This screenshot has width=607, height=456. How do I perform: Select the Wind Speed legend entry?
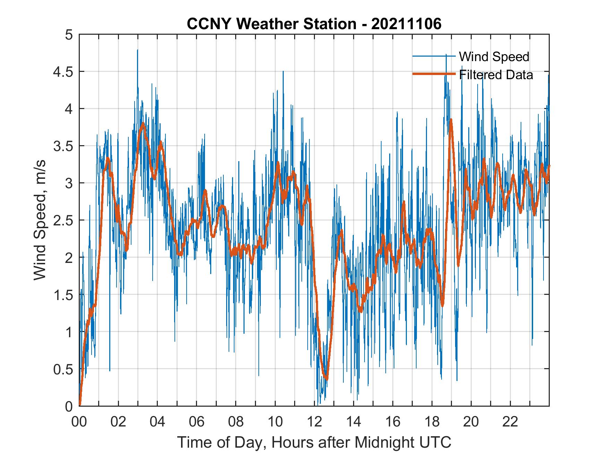(x=494, y=57)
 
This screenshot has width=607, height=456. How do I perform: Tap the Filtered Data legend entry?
(x=496, y=75)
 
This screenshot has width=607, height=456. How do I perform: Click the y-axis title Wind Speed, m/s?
(x=40, y=220)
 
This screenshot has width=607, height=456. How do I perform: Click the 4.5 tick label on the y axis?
(x=64, y=72)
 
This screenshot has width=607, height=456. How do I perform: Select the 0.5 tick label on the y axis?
(x=64, y=369)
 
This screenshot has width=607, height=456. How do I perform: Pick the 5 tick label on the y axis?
(x=69, y=35)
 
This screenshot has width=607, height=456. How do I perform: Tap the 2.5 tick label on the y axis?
(x=64, y=221)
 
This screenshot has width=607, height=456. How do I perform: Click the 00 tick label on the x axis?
(x=79, y=422)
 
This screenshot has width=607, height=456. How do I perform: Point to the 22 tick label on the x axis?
(x=510, y=422)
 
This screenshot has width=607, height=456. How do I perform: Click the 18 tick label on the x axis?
(x=432, y=422)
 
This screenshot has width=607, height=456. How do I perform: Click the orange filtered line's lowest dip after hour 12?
(x=326, y=379)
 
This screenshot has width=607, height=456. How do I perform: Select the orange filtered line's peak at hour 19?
(x=451, y=120)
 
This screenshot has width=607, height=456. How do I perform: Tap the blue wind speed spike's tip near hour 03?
(x=137, y=50)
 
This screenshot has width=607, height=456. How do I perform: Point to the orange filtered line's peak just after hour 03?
(x=143, y=123)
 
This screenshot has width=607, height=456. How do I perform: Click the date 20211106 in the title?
(x=406, y=24)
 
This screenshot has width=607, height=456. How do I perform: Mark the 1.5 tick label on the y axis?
(x=64, y=295)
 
